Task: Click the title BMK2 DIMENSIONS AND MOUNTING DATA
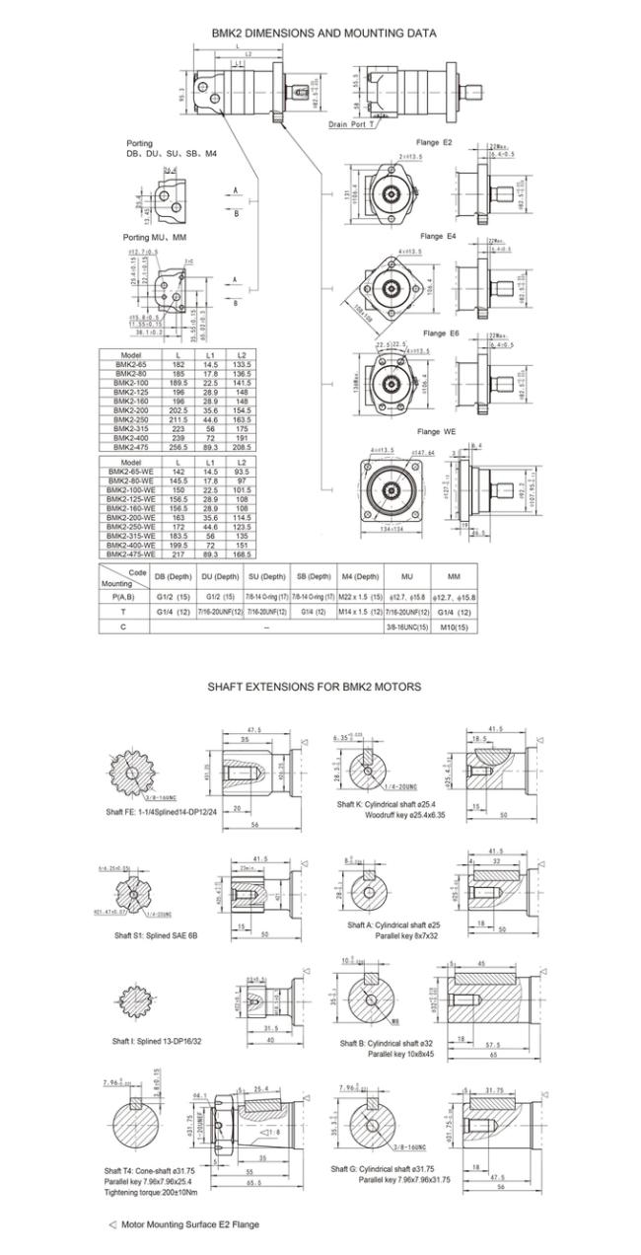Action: [x=323, y=33]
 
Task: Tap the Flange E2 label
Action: [x=434, y=142]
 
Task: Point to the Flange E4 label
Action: [x=438, y=237]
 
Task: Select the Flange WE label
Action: [x=435, y=431]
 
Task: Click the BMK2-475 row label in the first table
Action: [x=132, y=445]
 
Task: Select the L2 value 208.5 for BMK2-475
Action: [x=239, y=445]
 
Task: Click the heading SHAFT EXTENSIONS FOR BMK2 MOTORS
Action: [x=315, y=686]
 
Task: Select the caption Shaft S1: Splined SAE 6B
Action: [x=152, y=934]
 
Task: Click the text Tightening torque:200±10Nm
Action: [x=159, y=1194]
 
